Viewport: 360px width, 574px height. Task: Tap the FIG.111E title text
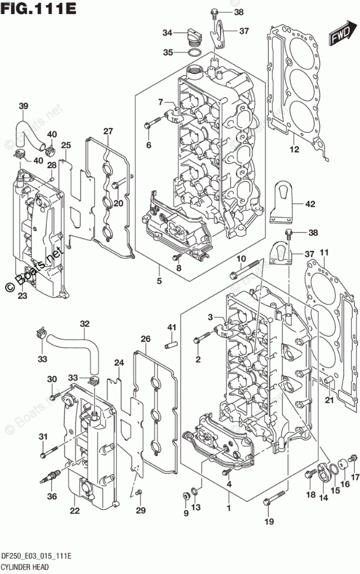pos(38,8)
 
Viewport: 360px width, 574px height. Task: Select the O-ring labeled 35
pos(194,53)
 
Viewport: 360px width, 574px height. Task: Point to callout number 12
pos(294,149)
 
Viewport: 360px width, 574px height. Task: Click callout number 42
pos(310,204)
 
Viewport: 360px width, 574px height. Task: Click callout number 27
pos(108,131)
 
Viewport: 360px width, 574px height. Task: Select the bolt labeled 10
pos(245,268)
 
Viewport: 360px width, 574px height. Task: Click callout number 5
pos(159,281)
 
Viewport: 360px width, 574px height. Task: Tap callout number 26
pos(146,339)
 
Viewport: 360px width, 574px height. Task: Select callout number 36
pos(52,496)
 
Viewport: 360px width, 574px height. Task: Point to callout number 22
pos(75,510)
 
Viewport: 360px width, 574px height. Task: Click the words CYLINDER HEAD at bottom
pos(25,568)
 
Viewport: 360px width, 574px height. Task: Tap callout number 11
pos(324,252)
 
